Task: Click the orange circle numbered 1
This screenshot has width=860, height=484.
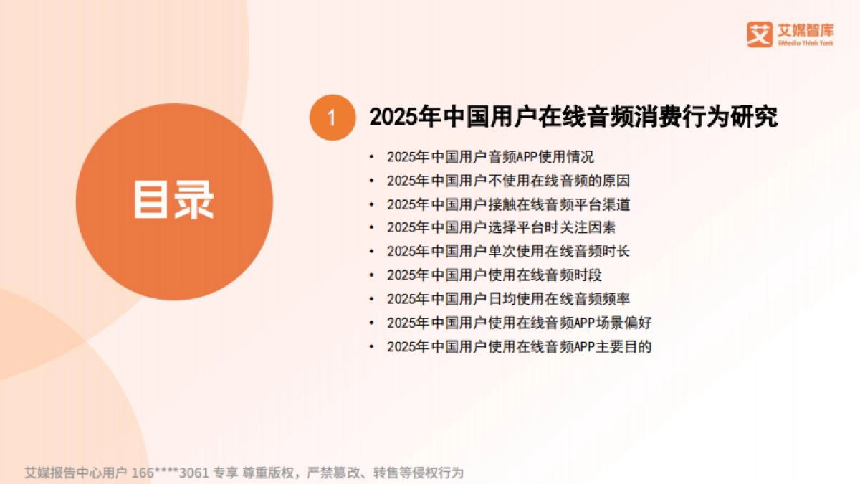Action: (332, 118)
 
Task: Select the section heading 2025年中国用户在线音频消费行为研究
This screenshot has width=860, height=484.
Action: (573, 117)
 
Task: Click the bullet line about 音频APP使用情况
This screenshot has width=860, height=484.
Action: (490, 157)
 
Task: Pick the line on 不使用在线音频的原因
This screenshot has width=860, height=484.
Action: (508, 181)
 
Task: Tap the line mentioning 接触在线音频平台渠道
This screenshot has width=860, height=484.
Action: (508, 204)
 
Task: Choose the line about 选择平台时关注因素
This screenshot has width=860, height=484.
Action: (501, 227)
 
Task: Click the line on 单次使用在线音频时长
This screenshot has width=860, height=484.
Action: (508, 251)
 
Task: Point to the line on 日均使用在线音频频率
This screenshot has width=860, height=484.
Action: (508, 298)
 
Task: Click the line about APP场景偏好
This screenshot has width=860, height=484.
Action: (519, 322)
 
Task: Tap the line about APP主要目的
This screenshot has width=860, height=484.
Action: (519, 346)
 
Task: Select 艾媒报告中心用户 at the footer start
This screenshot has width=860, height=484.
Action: (76, 473)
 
